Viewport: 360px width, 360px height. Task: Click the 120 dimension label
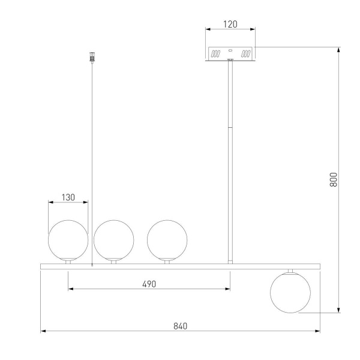(230, 24)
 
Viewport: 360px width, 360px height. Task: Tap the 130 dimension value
(68, 197)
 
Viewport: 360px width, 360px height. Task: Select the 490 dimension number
(149, 284)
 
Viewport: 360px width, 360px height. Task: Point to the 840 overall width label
(180, 326)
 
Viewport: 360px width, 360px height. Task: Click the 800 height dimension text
(334, 179)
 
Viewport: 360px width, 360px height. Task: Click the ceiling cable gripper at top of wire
(92, 57)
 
